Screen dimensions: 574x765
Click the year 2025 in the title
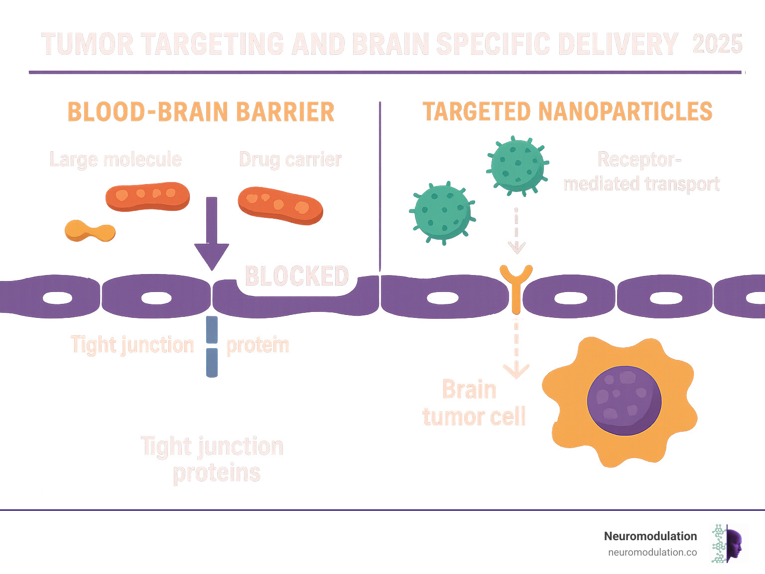pyautogui.click(x=717, y=44)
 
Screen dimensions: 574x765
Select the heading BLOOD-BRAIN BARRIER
pyautogui.click(x=201, y=112)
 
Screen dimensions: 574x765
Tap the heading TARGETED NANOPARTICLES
pyautogui.click(x=567, y=112)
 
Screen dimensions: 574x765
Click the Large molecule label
pyautogui.click(x=116, y=160)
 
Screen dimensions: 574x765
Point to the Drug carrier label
pyautogui.click(x=290, y=160)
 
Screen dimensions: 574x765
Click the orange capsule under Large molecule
pyautogui.click(x=147, y=196)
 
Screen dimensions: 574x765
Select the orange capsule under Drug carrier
pyautogui.click(x=280, y=205)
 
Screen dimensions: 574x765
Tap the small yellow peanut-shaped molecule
pyautogui.click(x=90, y=231)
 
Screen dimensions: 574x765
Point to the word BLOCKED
pyautogui.click(x=297, y=276)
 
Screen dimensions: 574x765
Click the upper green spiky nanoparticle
pyautogui.click(x=517, y=165)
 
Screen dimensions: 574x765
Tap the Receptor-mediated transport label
pyautogui.click(x=641, y=172)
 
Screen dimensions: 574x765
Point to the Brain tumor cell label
pyautogui.click(x=473, y=403)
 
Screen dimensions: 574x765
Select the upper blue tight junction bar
pyautogui.click(x=212, y=329)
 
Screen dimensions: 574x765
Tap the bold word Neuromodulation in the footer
pyautogui.click(x=650, y=536)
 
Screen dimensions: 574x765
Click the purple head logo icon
pyautogui.click(x=734, y=544)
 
